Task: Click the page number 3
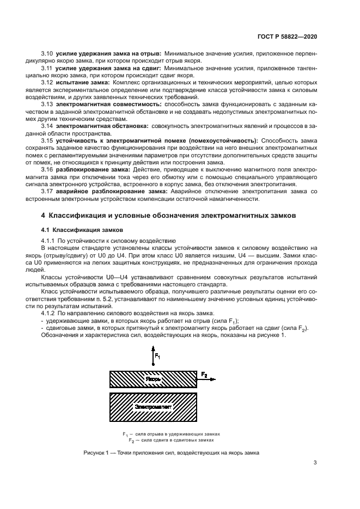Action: click(x=315, y=464)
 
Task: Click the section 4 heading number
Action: click(x=44, y=216)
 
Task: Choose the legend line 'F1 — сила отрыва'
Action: click(x=172, y=434)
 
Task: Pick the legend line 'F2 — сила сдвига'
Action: click(x=172, y=439)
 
